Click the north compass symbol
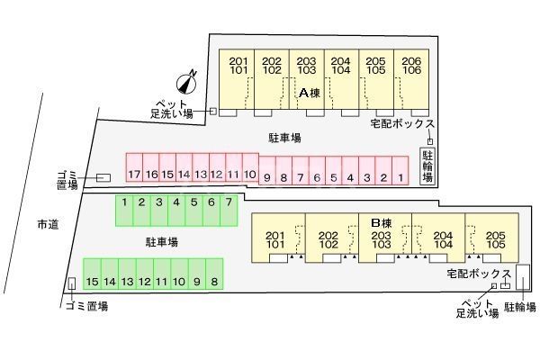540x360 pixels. coord(187,83)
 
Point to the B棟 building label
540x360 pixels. coord(382,223)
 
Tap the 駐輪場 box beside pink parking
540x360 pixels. coord(429,163)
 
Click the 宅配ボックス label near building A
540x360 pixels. coord(402,124)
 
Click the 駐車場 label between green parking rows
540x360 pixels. coord(162,242)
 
